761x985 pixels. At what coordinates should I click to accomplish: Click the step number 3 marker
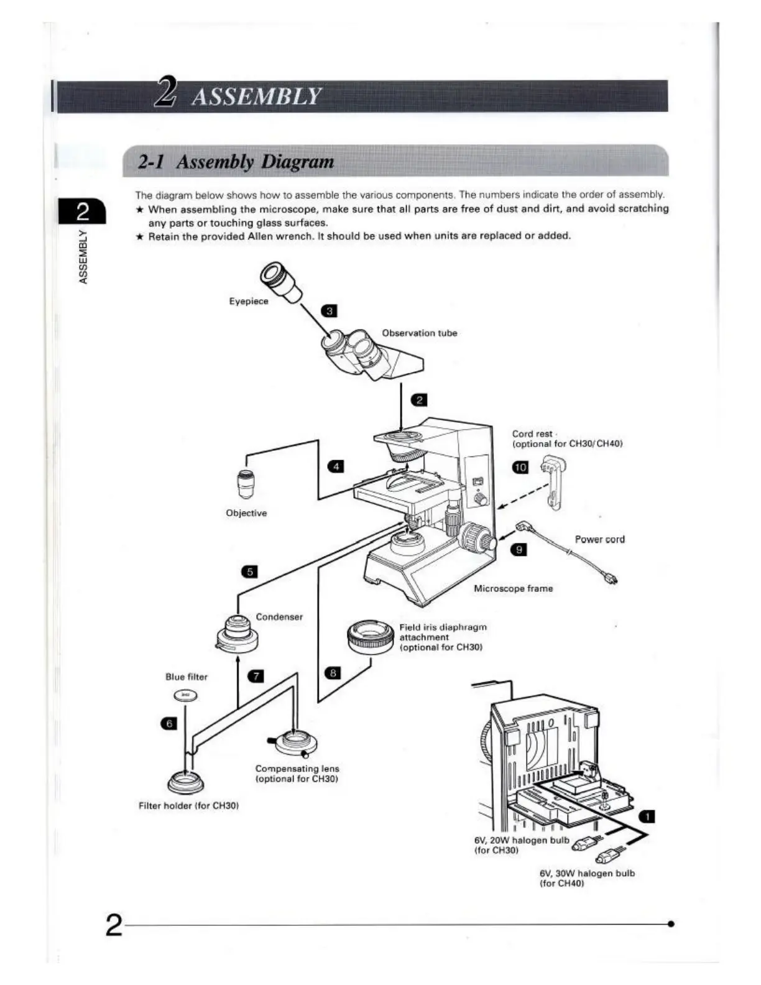click(x=328, y=311)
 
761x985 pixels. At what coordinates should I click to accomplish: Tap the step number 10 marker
click(x=520, y=467)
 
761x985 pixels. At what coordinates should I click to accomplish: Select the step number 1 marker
click(x=647, y=816)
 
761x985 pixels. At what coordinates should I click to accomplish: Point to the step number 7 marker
click(x=256, y=676)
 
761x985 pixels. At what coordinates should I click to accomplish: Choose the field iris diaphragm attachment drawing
click(x=371, y=637)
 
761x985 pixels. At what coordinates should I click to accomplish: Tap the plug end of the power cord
click(x=612, y=580)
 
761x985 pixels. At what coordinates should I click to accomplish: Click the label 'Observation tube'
click(x=419, y=333)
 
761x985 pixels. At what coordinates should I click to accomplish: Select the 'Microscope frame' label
click(x=513, y=588)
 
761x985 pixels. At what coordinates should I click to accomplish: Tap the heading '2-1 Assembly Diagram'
click(x=236, y=162)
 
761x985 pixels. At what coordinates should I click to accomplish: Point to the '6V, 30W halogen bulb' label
click(x=587, y=873)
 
